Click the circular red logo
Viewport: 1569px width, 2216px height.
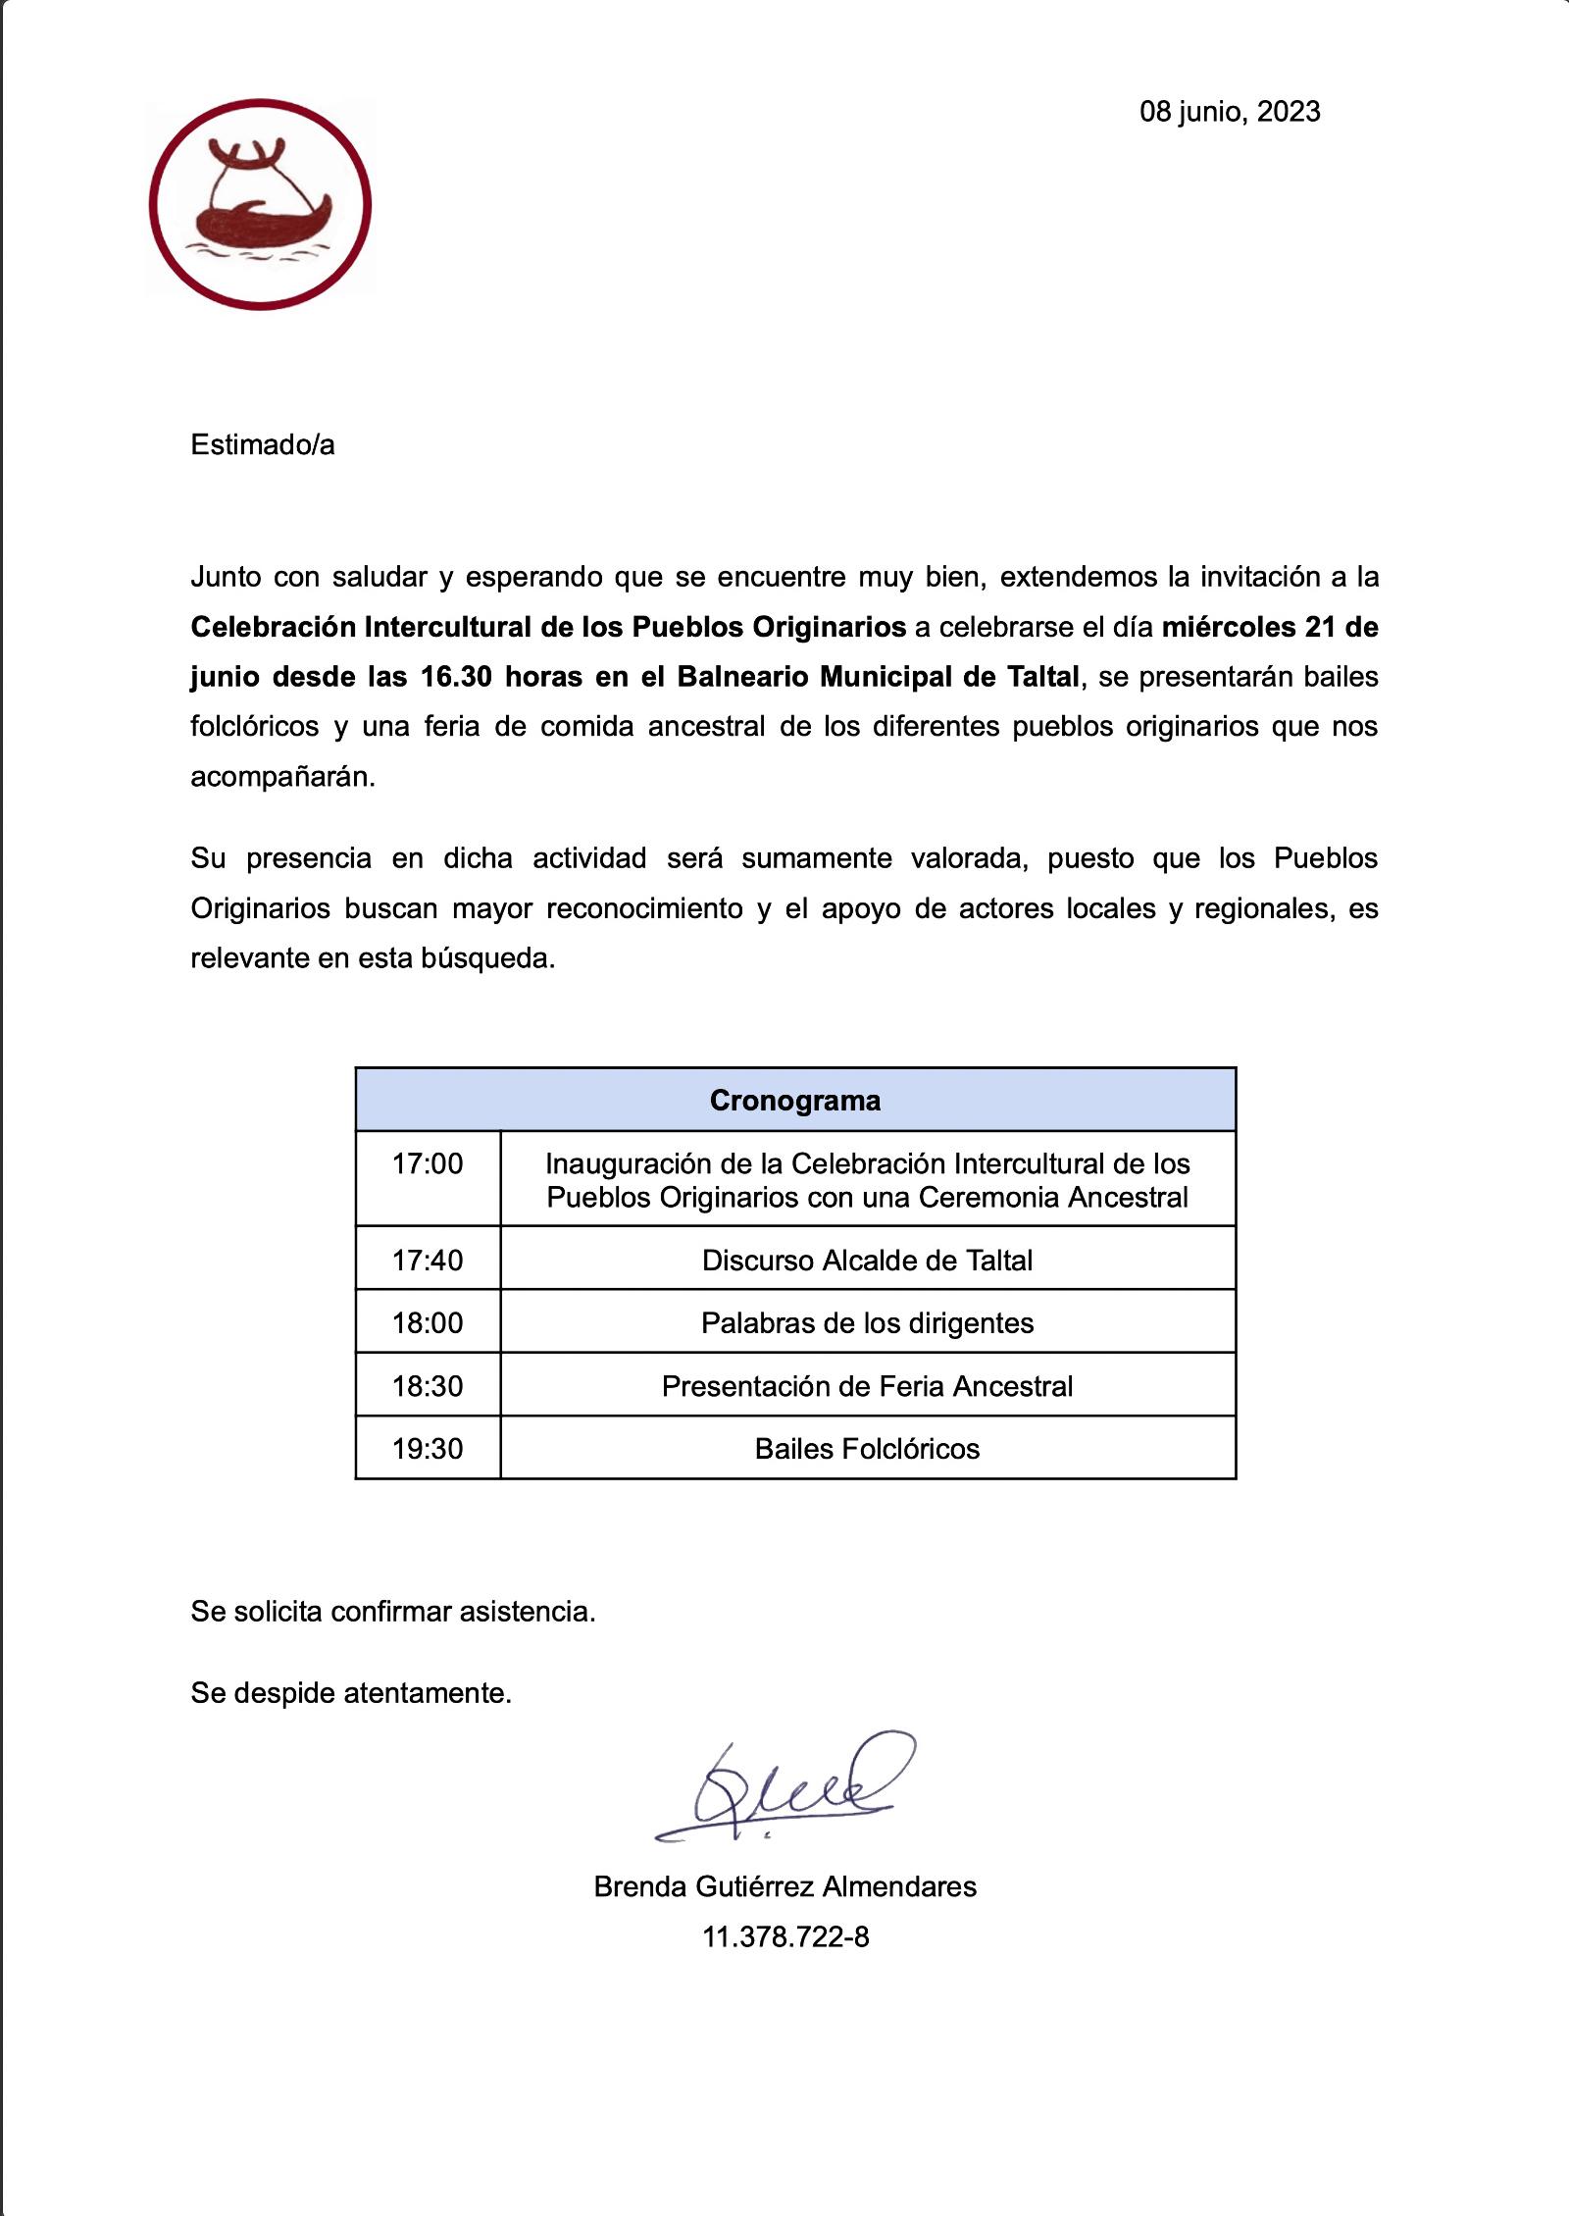[260, 204]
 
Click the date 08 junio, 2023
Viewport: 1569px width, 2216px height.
[1229, 112]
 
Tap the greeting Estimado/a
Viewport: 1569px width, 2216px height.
[263, 444]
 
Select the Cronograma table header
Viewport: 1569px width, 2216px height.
[794, 1100]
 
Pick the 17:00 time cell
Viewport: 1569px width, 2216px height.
[428, 1164]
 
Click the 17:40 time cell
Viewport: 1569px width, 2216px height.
[428, 1260]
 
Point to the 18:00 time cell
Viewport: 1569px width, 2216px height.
[428, 1322]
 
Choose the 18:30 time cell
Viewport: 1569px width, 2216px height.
[428, 1385]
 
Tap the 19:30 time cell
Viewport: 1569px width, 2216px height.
[428, 1448]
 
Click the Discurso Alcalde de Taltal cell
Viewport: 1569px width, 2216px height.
[867, 1260]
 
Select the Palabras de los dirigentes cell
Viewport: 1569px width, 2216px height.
[867, 1322]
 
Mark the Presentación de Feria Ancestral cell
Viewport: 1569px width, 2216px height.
[867, 1385]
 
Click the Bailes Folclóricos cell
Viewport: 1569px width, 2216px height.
[867, 1448]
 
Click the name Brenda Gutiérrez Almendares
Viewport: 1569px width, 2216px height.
[784, 1886]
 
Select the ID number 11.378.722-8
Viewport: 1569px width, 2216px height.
[784, 1937]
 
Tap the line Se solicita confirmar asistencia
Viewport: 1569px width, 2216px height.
[393, 1611]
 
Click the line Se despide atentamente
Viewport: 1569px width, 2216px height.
[351, 1692]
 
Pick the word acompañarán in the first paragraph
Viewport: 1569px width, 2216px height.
[282, 777]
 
